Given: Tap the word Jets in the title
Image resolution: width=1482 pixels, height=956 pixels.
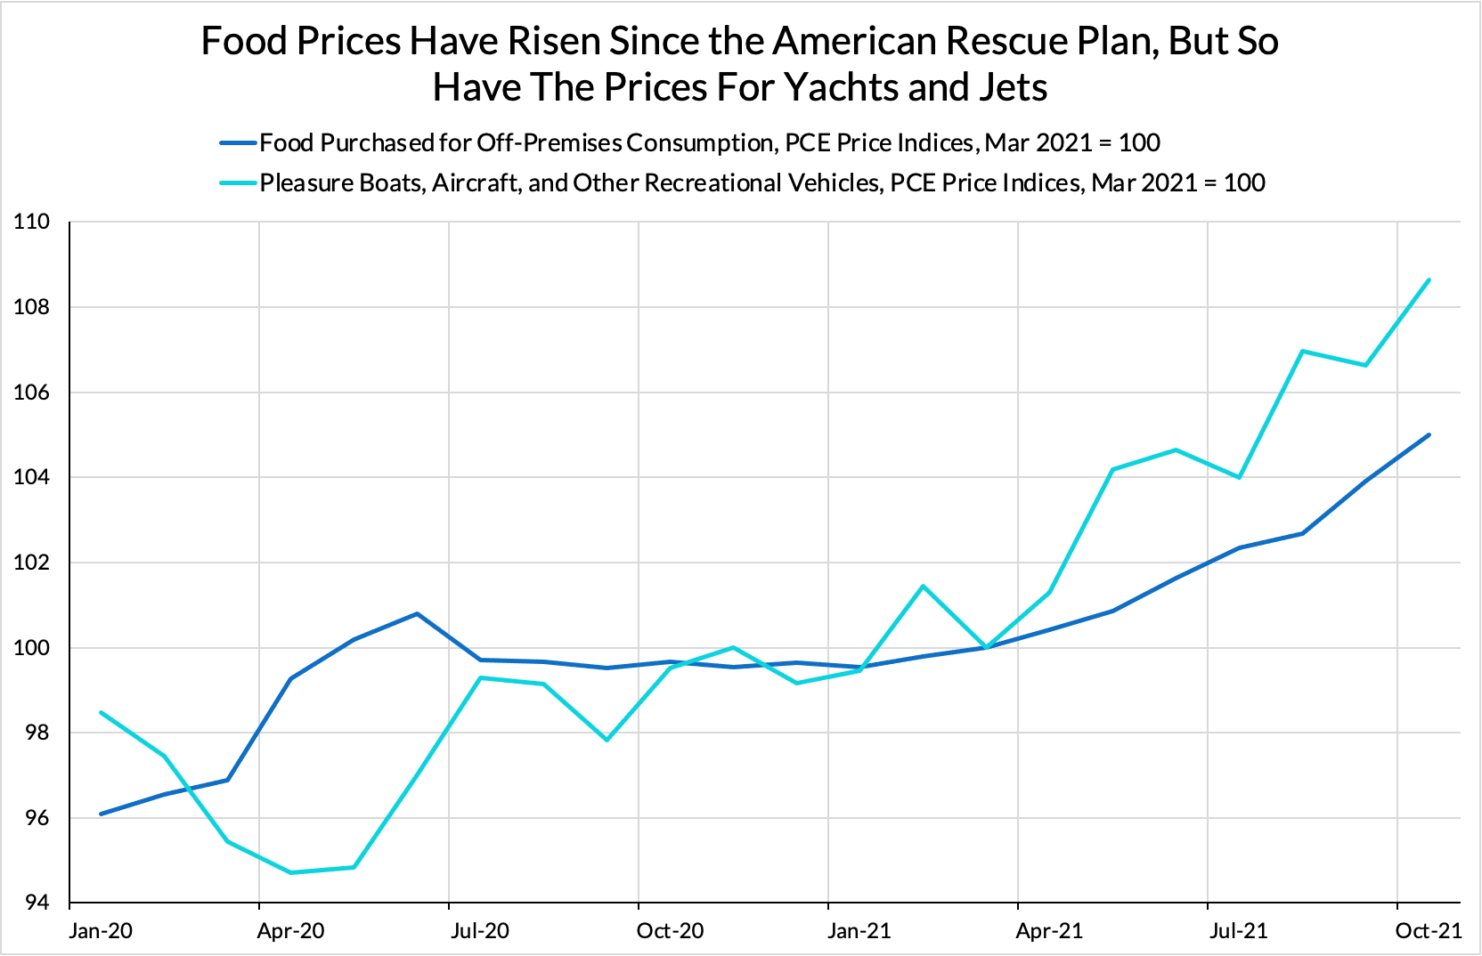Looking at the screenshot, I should [1011, 87].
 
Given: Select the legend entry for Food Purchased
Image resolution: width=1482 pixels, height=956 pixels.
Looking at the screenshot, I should [709, 142].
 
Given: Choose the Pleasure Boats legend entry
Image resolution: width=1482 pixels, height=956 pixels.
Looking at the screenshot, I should [761, 182].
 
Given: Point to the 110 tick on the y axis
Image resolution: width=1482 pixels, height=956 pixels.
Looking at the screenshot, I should [31, 222].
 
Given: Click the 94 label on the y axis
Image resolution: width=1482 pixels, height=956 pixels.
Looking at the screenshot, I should [35, 903].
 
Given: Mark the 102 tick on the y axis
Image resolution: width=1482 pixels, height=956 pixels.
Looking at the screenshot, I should [31, 563].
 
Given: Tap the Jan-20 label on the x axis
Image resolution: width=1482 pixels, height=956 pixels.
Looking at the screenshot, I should [101, 931].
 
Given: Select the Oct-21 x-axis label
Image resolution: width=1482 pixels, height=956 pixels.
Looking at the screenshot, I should [1429, 931].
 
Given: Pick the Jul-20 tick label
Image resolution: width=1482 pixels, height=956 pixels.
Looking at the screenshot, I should [480, 931].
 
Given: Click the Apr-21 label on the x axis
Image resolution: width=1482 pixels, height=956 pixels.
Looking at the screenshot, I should [1049, 931].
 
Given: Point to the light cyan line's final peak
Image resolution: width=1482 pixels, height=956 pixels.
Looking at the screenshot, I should [1429, 280].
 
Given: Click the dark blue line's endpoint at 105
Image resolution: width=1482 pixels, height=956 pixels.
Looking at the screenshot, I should [1429, 435].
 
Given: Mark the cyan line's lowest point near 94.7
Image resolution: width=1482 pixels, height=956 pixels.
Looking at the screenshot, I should [291, 872].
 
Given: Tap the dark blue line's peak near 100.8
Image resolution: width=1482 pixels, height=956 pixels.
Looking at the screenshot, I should [417, 613].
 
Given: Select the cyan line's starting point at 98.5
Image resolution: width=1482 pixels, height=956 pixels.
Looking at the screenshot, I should [102, 712].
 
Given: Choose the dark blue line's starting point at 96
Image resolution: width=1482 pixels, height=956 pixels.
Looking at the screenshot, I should [102, 814].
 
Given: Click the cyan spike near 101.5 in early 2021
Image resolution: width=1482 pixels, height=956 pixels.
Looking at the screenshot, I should [923, 586].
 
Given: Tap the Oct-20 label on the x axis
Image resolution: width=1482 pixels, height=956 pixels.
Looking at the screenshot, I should [670, 931].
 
